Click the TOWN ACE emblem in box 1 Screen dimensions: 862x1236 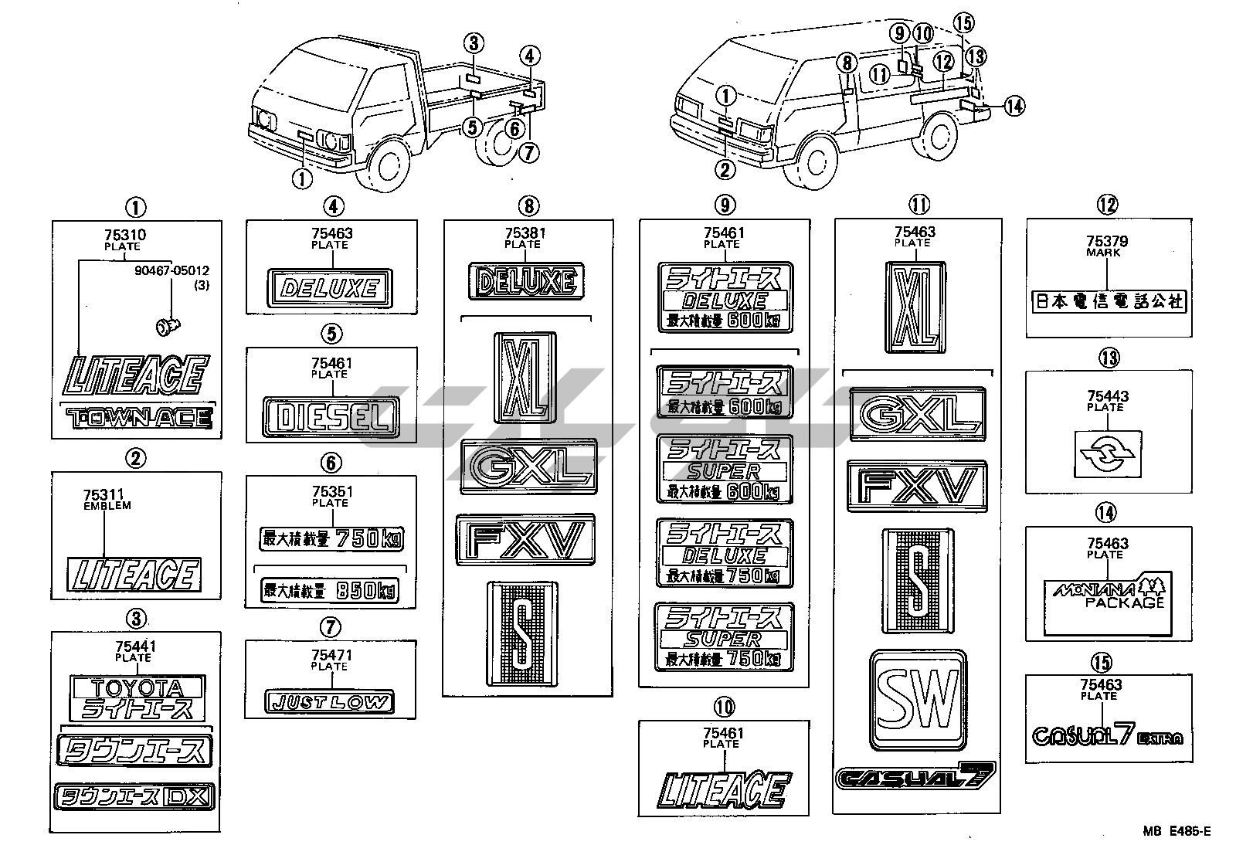click(x=138, y=419)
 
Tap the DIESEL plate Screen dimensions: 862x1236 click(x=331, y=417)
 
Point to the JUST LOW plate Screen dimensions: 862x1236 click(x=329, y=702)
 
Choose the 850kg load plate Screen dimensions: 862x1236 click(x=331, y=591)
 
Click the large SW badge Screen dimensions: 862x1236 click(x=918, y=700)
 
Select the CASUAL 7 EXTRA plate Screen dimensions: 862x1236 click(x=1106, y=735)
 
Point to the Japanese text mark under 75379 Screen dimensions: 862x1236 click(x=1107, y=301)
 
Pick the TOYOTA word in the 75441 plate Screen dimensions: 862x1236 click(x=137, y=687)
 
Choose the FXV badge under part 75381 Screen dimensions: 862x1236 click(x=525, y=538)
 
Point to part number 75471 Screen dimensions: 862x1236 click(x=331, y=655)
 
